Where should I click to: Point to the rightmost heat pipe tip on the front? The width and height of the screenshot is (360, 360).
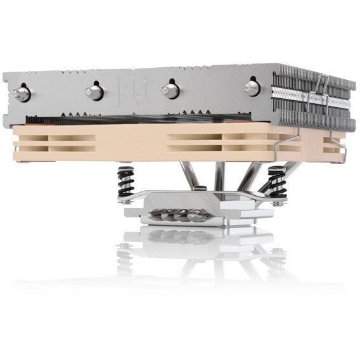(252, 87)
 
